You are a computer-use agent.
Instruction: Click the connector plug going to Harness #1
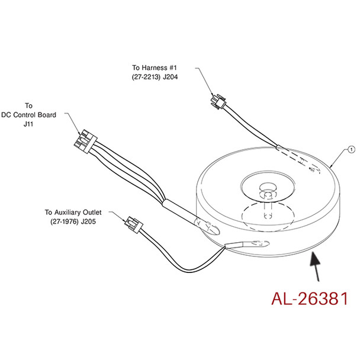pyautogui.click(x=218, y=103)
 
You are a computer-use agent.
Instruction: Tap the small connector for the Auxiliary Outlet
pyautogui.click(x=132, y=225)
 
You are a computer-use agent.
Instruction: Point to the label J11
pyautogui.click(x=28, y=124)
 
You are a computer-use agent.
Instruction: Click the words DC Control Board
pyautogui.click(x=28, y=115)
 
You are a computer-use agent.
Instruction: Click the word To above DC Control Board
pyautogui.click(x=28, y=105)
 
